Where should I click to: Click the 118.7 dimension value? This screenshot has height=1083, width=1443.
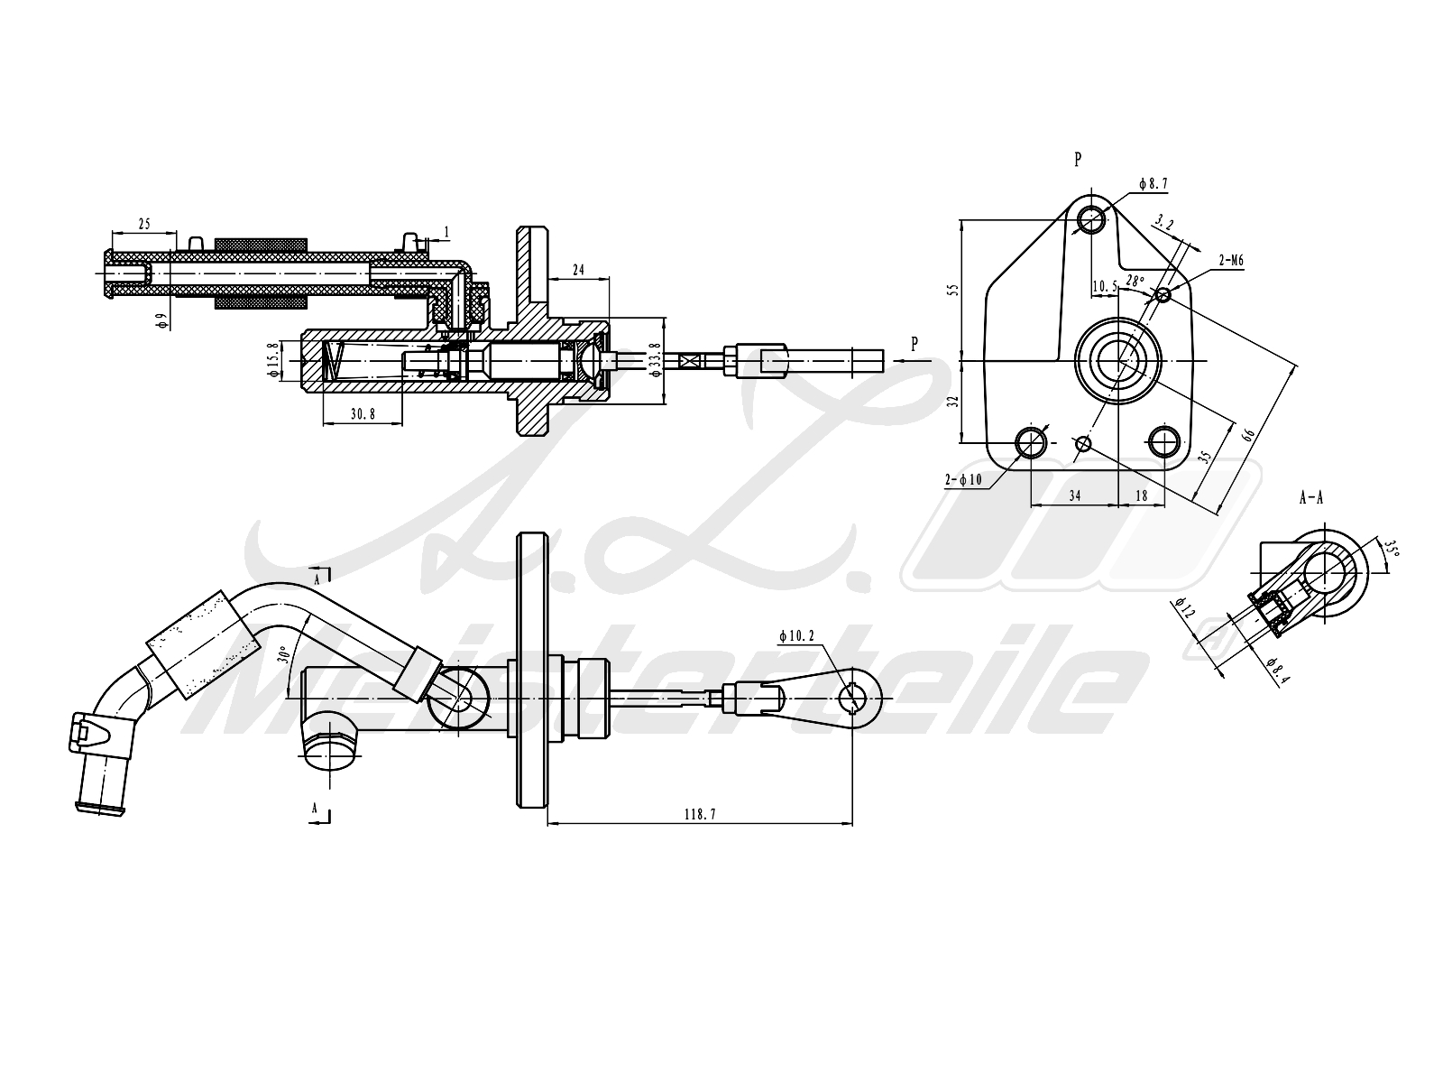click(699, 813)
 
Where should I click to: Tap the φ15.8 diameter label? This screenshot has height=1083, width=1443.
click(271, 360)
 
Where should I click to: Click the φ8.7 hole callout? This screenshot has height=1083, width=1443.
click(1153, 183)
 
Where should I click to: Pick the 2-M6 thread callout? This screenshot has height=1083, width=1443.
click(1231, 261)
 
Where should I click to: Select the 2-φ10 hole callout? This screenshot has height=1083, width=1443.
click(963, 480)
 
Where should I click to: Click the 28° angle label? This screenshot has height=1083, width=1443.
click(1135, 281)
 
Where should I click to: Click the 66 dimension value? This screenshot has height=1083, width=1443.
click(1249, 434)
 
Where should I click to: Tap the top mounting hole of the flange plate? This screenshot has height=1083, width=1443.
click(1092, 218)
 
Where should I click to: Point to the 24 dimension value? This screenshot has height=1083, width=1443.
click(578, 269)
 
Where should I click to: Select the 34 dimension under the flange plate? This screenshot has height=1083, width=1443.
click(1074, 495)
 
